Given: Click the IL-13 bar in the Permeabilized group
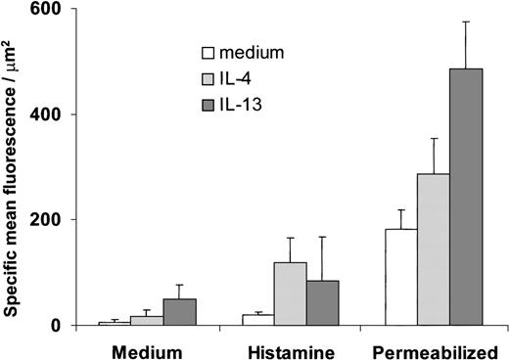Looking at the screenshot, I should tap(466, 197).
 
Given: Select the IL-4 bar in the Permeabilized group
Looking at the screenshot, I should tap(434, 249).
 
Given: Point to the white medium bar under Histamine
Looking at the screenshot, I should tap(258, 320).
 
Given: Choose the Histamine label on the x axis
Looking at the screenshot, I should tap(291, 348).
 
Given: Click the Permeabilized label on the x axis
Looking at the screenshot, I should tap(434, 348).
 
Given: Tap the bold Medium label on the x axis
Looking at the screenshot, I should tap(147, 348).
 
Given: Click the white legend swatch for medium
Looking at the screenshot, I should tap(208, 53).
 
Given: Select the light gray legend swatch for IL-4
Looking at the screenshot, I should tap(208, 75).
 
